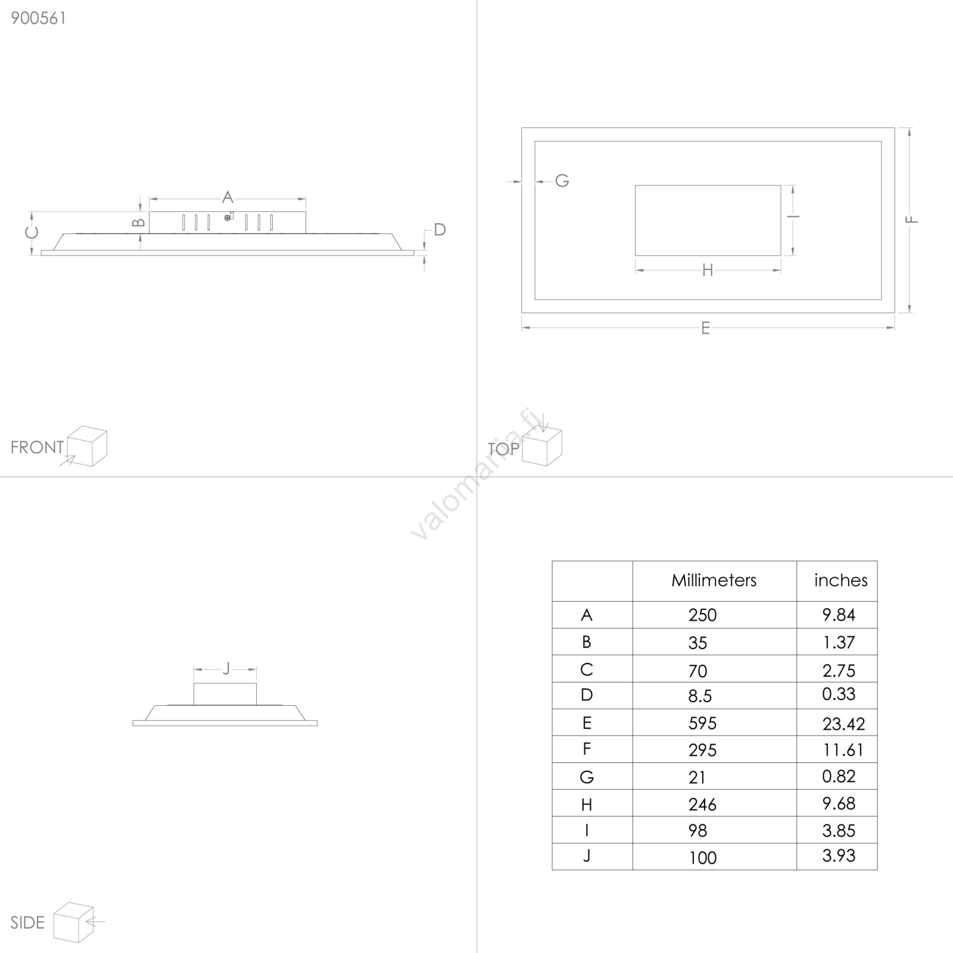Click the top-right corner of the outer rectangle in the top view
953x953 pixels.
pos(895,128)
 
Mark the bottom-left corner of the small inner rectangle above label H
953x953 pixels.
pos(636,256)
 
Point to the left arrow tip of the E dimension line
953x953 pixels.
pos(522,327)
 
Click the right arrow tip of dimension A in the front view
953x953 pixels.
pos(306,199)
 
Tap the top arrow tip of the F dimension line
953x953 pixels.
pos(910,129)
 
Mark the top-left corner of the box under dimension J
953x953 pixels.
pos(194,684)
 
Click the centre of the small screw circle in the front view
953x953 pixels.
pos(228,218)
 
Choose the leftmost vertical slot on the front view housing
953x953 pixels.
pos(183,222)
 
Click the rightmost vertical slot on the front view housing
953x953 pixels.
pos(272,222)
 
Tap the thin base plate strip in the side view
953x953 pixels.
pos(225,723)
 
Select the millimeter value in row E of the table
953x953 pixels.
pos(703,723)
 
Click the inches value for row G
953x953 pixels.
pos(839,776)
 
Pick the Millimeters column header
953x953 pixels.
pos(714,580)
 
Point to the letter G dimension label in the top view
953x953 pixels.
pos(562,180)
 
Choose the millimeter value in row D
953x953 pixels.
pos(700,696)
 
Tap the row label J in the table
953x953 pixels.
pos(587,856)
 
